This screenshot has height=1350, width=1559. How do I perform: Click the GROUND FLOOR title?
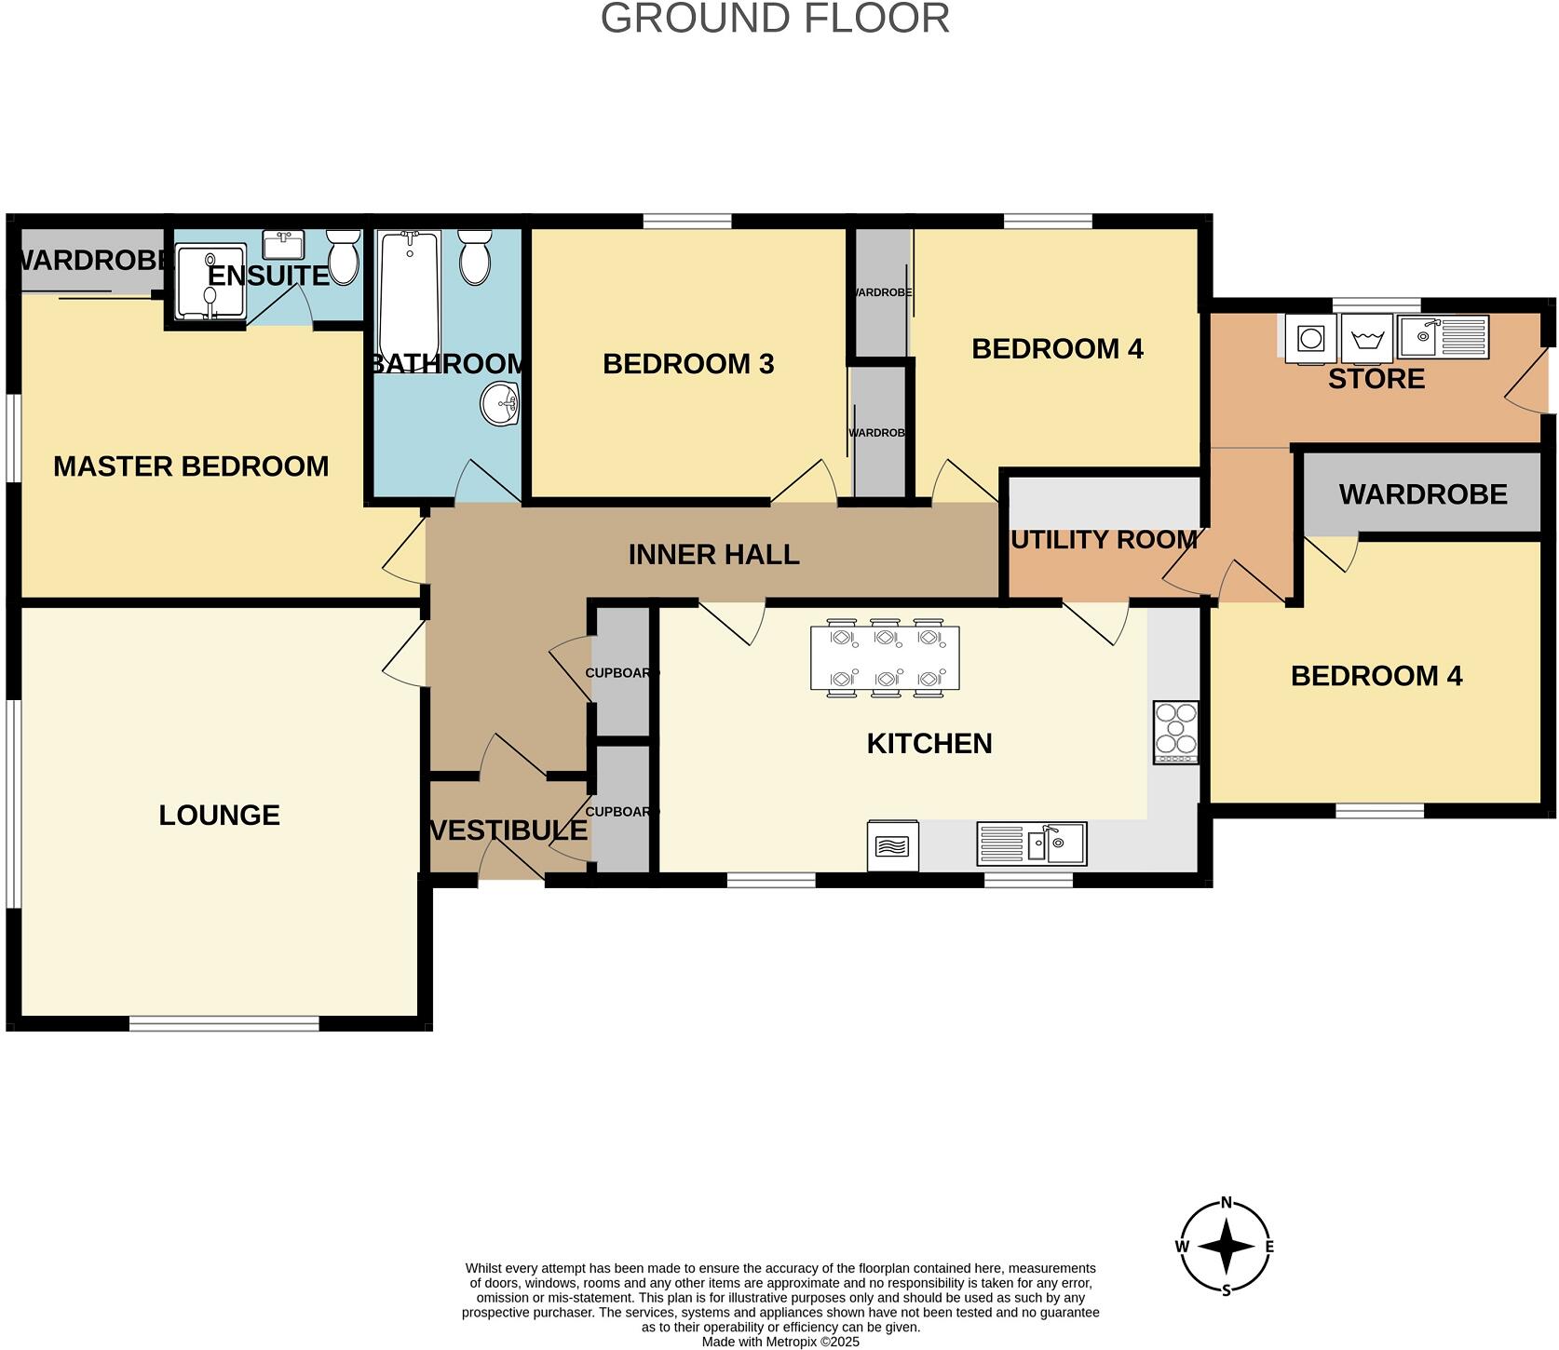coord(775,19)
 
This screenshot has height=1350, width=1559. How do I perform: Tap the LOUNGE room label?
coord(219,816)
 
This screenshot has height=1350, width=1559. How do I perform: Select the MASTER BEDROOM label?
coord(191,466)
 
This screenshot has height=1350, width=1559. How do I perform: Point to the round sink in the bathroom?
coord(499,404)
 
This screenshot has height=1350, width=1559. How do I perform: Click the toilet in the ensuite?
coord(344,258)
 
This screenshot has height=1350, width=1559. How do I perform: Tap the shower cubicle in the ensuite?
coord(210,282)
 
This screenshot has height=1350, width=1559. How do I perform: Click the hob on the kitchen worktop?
coord(1175,733)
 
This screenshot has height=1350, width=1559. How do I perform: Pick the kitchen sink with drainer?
coord(1031,844)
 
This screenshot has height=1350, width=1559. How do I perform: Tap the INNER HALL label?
coord(713,555)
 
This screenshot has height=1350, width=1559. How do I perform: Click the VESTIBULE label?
coord(508,830)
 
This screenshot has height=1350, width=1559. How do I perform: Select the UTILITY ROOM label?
coord(1104,540)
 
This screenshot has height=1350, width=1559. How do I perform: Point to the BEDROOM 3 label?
coord(688,364)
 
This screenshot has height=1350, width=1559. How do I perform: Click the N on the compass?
coord(1227,1202)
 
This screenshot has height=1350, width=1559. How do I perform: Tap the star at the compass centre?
coord(1227,1246)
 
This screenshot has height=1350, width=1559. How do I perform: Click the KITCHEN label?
coord(929,744)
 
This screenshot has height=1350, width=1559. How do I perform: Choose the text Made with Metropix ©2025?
coord(780,1342)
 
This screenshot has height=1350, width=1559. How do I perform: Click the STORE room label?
coord(1376,379)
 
